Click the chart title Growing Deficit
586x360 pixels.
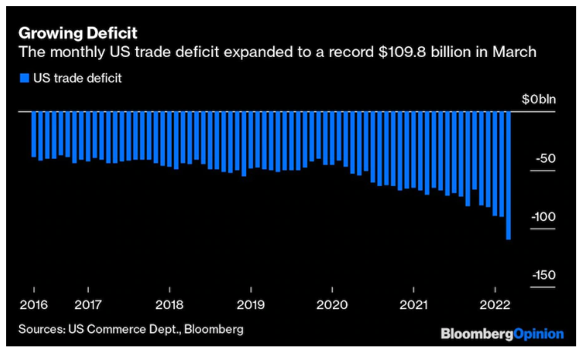tap(78, 33)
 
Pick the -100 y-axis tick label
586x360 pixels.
tap(543, 217)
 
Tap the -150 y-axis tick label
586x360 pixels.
tap(543, 276)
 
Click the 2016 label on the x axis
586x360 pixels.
tap(34, 305)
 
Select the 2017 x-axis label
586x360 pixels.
tap(88, 305)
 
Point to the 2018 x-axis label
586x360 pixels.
tap(169, 305)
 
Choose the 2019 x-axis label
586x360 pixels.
tap(251, 305)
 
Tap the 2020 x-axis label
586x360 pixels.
tap(332, 305)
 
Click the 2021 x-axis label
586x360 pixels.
tap(413, 305)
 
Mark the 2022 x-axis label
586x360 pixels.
tap(494, 305)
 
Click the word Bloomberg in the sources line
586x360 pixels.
tap(216, 329)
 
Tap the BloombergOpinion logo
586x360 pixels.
tap(502, 333)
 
